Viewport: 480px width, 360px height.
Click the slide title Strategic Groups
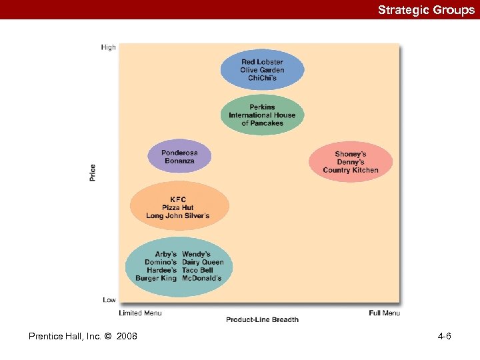pos(426,10)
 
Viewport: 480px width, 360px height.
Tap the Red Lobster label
pos(262,62)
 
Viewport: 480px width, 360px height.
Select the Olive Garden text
pos(262,70)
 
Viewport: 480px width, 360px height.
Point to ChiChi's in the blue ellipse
pos(262,78)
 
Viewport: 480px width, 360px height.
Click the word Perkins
pos(262,107)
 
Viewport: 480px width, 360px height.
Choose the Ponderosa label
pos(179,153)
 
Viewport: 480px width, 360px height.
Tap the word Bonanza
pos(179,161)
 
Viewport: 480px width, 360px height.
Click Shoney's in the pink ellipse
pos(351,154)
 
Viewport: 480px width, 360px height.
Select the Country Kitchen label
pos(351,170)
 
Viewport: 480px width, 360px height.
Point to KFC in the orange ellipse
pos(178,199)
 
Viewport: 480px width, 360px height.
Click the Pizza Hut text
pos(178,207)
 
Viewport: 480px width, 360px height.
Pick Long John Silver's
pos(178,215)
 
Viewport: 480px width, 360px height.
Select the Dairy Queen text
pos(203,262)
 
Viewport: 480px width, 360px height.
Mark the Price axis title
pos(93,172)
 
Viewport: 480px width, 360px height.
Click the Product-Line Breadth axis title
pos(262,320)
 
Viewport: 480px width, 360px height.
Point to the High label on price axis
pos(108,47)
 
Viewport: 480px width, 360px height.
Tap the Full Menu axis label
pos(384,313)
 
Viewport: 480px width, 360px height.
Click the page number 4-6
pos(444,336)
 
